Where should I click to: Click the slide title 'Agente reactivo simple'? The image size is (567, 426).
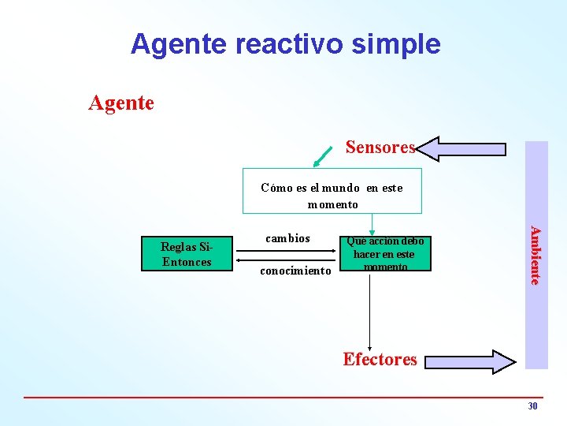tap(285, 43)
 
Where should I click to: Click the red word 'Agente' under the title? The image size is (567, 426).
tap(121, 103)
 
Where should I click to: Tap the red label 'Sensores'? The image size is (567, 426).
tap(380, 148)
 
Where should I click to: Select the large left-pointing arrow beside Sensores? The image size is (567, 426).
tap(461, 148)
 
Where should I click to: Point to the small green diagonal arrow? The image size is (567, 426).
tap(322, 155)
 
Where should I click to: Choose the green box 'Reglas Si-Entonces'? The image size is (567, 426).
tap(187, 254)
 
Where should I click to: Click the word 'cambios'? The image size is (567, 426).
tap(287, 238)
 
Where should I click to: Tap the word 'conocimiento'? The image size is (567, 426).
tap(295, 271)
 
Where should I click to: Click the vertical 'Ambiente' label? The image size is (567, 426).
tap(535, 255)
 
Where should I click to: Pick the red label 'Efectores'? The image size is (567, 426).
tap(380, 360)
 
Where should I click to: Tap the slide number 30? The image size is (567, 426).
tap(532, 406)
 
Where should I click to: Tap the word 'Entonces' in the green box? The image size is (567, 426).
tap(187, 262)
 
